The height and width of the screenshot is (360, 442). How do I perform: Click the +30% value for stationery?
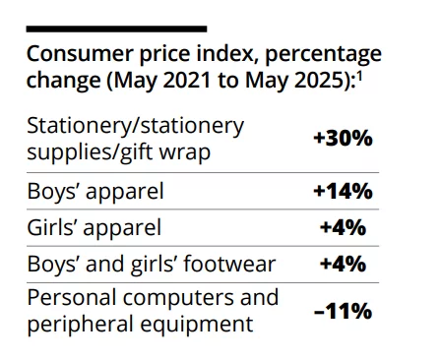pyautogui.click(x=342, y=139)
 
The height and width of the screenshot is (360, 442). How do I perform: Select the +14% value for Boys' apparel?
pyautogui.click(x=342, y=191)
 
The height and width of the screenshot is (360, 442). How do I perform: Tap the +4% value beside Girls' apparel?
pyautogui.click(x=344, y=227)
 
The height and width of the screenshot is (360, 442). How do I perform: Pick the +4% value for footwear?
pyautogui.click(x=344, y=264)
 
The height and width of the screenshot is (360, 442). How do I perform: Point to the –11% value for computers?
pyautogui.click(x=342, y=311)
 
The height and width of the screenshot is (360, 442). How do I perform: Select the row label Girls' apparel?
pyautogui.click(x=94, y=227)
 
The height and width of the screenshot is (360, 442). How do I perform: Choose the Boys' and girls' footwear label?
pyautogui.click(x=152, y=264)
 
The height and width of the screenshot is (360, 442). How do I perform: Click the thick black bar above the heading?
pyautogui.click(x=117, y=30)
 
